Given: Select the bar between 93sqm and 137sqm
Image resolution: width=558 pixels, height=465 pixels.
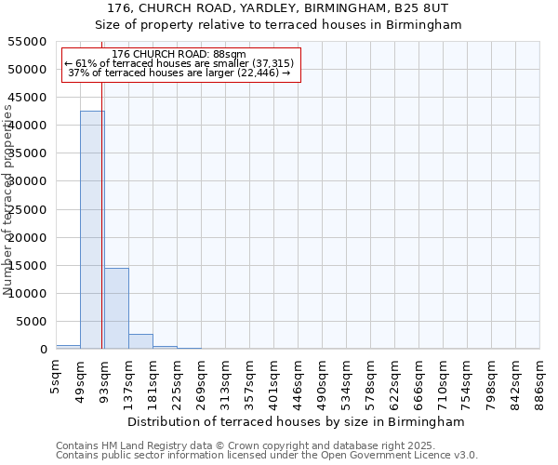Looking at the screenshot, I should tap(116, 308).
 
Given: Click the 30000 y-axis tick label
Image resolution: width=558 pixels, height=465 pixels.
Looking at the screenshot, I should tap(29, 182).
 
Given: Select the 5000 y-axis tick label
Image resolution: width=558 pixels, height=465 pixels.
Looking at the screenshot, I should tap(33, 322).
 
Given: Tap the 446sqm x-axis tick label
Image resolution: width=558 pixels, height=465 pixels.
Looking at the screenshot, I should tap(298, 379).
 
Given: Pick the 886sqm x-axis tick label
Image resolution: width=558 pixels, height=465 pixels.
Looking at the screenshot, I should tap(539, 379).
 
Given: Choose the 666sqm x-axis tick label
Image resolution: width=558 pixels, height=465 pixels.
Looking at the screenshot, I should tap(418, 379).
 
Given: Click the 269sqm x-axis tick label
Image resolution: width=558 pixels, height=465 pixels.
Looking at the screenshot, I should tap(201, 379).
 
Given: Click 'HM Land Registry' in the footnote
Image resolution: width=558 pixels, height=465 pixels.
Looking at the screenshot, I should tap(142, 445).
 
